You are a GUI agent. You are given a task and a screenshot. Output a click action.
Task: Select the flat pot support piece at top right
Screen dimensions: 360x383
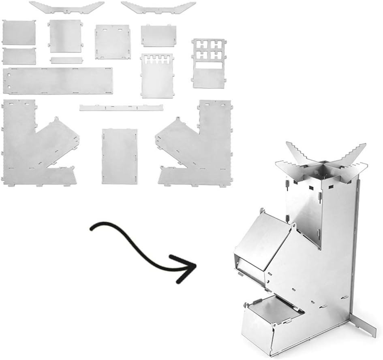tap(158, 7)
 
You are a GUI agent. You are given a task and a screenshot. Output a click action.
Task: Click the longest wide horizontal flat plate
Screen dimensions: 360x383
tap(57, 81)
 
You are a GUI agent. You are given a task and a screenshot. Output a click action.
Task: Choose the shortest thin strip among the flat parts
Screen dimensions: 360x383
tap(64, 60)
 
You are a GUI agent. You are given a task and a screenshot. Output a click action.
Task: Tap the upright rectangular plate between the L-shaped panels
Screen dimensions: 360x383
tap(119, 156)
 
